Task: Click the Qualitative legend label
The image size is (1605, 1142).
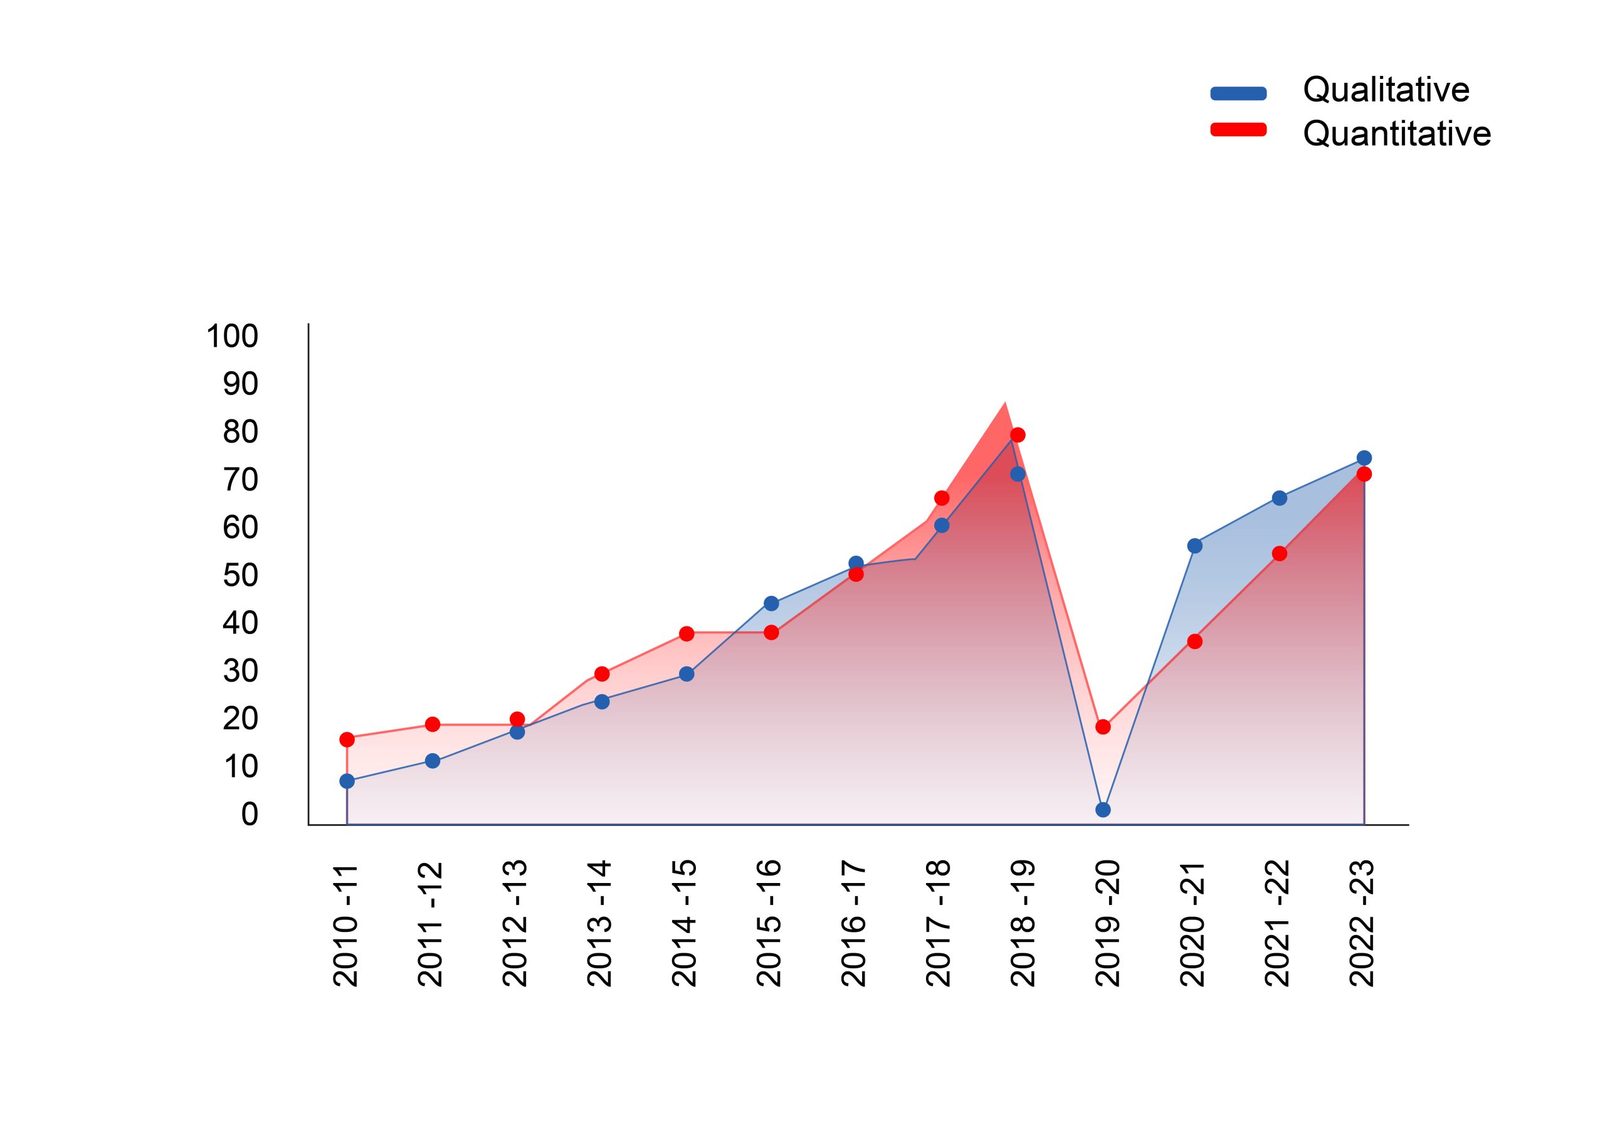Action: pos(1386,90)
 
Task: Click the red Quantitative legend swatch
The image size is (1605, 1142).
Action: pos(1238,129)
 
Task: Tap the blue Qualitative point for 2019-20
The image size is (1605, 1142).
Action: pos(1103,810)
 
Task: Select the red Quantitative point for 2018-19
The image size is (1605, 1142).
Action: pos(1018,435)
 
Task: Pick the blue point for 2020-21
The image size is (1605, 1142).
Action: pos(1194,546)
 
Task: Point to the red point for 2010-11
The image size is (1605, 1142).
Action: pos(347,739)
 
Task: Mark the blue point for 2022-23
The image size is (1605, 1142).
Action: pos(1364,458)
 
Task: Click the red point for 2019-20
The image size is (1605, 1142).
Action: pos(1103,727)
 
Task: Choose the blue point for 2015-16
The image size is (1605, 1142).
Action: pos(771,603)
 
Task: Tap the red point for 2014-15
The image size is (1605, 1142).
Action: pos(687,633)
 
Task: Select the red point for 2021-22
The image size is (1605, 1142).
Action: pos(1280,553)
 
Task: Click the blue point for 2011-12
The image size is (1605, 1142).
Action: pos(433,761)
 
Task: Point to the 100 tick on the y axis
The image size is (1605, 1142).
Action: pos(232,337)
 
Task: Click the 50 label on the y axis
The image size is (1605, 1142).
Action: pos(240,576)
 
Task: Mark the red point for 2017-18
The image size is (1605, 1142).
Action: pos(942,498)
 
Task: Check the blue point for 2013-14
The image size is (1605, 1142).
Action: pos(602,701)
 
